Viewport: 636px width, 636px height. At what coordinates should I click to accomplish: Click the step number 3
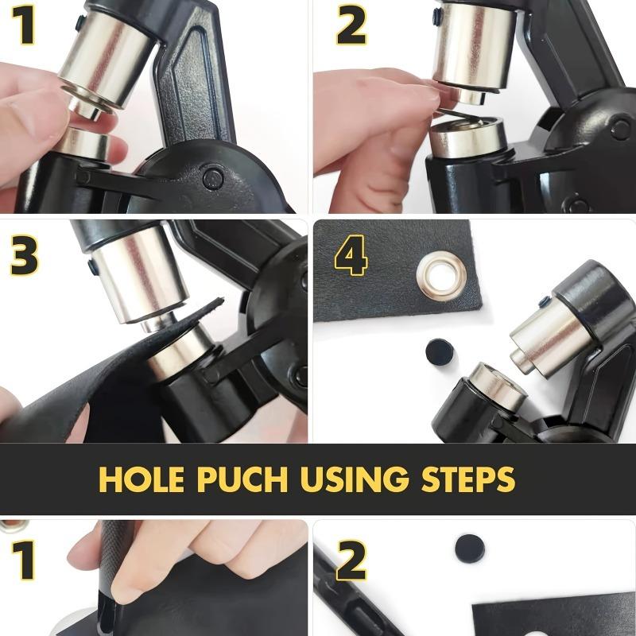click(25, 256)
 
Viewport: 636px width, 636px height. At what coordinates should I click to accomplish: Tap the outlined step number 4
click(351, 255)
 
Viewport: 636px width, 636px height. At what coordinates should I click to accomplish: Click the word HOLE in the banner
click(142, 479)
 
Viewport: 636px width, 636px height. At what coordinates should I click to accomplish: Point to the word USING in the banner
click(354, 479)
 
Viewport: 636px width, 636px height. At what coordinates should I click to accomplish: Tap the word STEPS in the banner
click(468, 479)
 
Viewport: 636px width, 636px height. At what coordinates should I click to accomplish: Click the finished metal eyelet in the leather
click(441, 275)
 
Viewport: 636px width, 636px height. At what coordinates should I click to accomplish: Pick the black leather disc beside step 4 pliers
click(440, 351)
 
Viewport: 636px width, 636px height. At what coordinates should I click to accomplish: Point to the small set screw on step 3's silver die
click(92, 267)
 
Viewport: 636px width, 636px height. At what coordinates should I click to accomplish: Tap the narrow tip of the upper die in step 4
click(520, 360)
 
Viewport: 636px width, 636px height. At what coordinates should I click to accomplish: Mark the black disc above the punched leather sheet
click(469, 549)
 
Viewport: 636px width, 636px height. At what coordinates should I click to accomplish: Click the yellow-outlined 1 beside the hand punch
click(24, 560)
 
